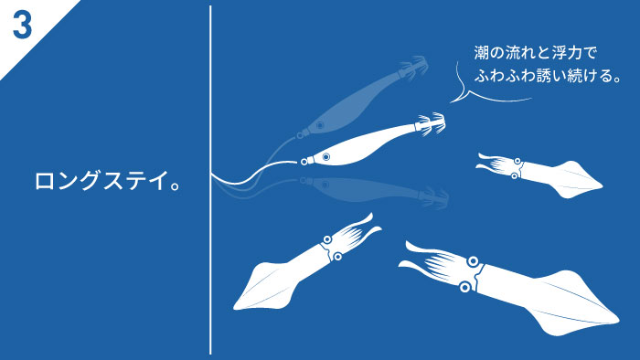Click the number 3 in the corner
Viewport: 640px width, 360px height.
pyautogui.click(x=22, y=26)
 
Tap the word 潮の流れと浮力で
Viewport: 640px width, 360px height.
pyautogui.click(x=536, y=53)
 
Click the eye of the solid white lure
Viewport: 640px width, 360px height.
pyautogui.click(x=325, y=156)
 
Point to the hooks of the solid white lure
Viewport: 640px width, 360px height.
pyautogui.click(x=431, y=122)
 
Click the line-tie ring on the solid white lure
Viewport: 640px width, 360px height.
pyautogui.click(x=304, y=162)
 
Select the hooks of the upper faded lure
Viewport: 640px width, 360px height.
pyautogui.click(x=414, y=66)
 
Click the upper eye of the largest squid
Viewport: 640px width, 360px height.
pyautogui.click(x=473, y=261)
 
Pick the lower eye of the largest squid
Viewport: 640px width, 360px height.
pyautogui.click(x=464, y=287)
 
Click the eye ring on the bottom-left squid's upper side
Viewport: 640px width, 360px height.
pyautogui.click(x=327, y=239)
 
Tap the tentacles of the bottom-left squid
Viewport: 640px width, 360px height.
pyautogui.click(x=355, y=231)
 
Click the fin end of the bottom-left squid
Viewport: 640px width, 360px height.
pyautogui.click(x=236, y=306)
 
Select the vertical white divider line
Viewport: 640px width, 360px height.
pyautogui.click(x=210, y=180)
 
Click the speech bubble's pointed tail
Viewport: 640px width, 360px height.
pyautogui.click(x=452, y=101)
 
